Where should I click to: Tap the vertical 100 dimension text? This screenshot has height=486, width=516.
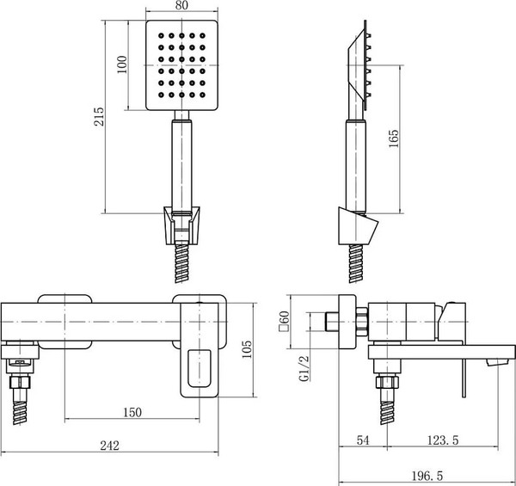[x=122, y=65]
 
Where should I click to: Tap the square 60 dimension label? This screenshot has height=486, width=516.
[x=283, y=323]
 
